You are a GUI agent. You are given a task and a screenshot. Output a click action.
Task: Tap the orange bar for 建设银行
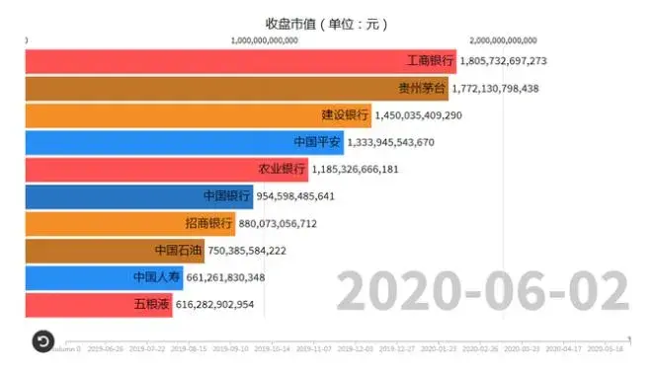(x=198, y=115)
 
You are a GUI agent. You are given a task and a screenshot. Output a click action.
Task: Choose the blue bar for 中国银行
(x=138, y=196)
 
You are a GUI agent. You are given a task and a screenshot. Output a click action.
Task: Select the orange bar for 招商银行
(x=128, y=224)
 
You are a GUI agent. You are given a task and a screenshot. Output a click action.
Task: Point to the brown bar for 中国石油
(x=114, y=251)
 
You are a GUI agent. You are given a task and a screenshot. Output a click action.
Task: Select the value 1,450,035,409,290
(x=418, y=115)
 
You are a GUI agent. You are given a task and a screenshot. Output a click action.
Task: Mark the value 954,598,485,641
(x=295, y=196)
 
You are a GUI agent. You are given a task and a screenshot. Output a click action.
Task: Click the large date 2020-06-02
(x=481, y=292)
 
